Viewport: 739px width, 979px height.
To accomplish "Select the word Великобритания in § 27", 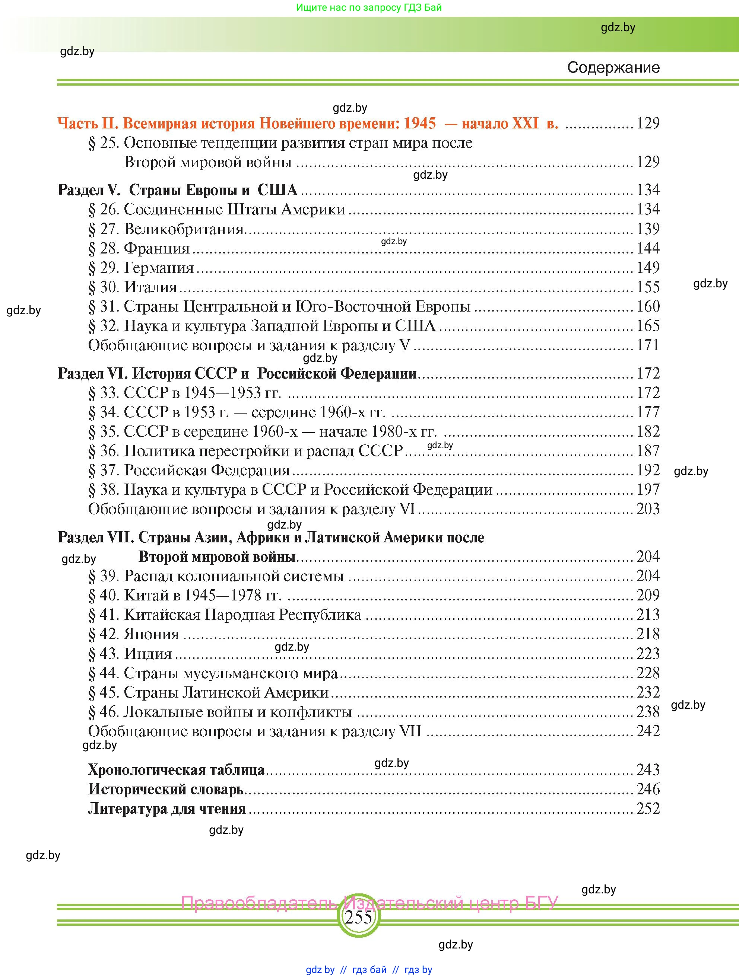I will (x=184, y=229).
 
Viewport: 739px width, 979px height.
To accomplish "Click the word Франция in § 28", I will (x=157, y=248).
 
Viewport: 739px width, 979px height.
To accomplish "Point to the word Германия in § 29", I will (x=159, y=268).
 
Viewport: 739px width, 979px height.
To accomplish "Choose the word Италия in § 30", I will (x=150, y=287).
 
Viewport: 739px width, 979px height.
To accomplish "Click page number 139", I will (x=648, y=229).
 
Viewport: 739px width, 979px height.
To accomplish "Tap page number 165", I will (x=648, y=326).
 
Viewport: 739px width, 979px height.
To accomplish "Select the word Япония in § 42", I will (x=152, y=634).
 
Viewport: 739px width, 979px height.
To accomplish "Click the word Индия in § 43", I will (x=148, y=654).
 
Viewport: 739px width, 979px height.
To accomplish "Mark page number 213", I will (x=648, y=615).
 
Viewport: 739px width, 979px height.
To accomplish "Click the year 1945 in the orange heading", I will (x=419, y=123).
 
